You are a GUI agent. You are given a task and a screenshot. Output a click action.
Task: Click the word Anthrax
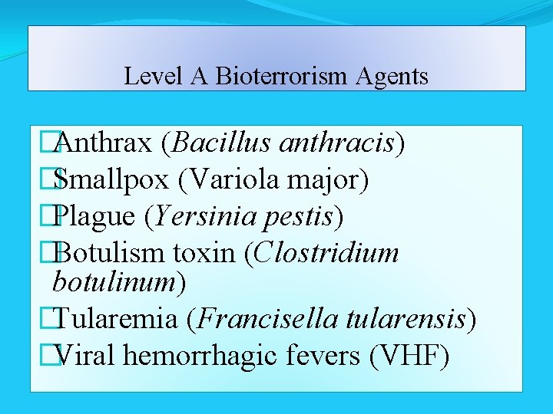[x=103, y=143]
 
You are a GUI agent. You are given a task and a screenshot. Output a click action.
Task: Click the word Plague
[x=95, y=218]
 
